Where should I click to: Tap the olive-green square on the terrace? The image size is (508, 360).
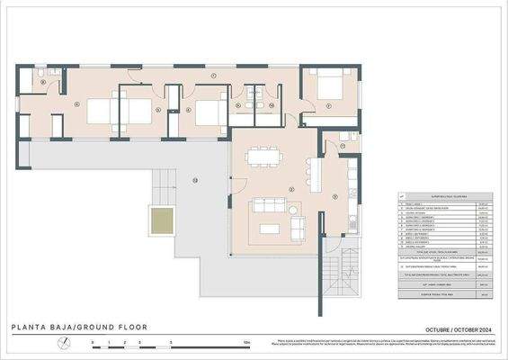coord(162,220)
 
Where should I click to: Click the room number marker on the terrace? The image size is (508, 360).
coord(193,181)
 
